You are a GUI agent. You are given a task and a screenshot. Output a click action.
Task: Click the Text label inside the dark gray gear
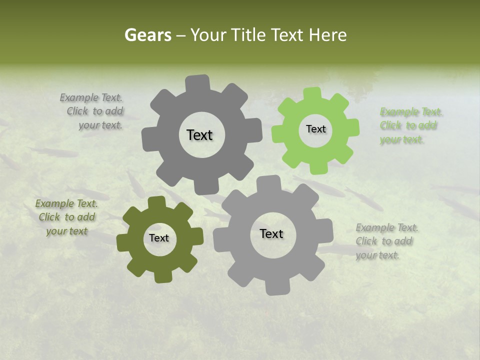[199, 135]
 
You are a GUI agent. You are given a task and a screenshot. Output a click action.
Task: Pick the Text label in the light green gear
[315, 129]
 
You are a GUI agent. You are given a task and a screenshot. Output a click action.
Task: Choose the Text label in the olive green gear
[159, 238]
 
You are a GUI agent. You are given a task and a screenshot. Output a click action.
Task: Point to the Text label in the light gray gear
[271, 233]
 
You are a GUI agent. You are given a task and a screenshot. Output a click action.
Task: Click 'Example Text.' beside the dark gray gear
[91, 98]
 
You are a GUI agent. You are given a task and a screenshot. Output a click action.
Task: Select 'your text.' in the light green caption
[402, 140]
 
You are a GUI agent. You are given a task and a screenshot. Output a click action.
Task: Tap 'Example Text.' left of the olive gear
[66, 203]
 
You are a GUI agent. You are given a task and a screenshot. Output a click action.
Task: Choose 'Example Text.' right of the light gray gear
[387, 228]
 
